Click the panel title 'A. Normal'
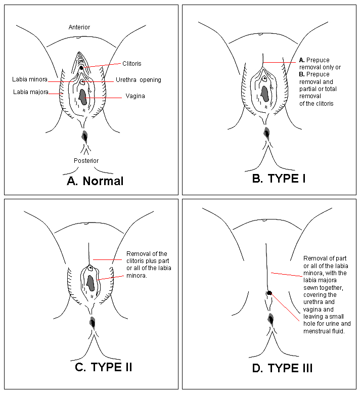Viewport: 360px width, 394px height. click(95, 181)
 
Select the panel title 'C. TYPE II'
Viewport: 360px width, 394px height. click(103, 367)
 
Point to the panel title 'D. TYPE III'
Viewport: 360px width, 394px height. click(282, 368)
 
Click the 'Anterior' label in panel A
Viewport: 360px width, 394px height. click(79, 27)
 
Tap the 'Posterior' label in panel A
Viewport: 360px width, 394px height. click(85, 160)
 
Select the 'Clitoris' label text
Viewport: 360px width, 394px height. click(131, 64)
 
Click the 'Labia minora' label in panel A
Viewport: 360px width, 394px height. click(30, 79)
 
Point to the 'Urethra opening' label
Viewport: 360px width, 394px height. click(139, 80)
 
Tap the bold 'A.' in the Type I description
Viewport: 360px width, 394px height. click(301, 61)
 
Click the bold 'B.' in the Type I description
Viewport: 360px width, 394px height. click(301, 74)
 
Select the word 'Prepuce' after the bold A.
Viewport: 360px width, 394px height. click(318, 61)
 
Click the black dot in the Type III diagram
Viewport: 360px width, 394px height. click(269, 293)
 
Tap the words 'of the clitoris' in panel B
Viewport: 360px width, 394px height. click(317, 104)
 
